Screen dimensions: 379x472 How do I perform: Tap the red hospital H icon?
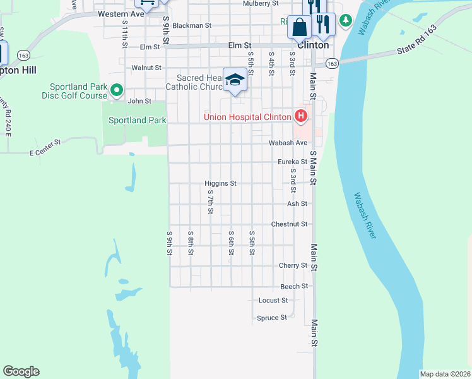coord(301,116)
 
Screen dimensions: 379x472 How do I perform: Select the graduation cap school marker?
coord(235,80)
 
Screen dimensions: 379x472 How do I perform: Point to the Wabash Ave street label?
coord(287,143)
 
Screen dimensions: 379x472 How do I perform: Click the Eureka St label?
coord(292,162)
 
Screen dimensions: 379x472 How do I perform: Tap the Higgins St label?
coord(220,183)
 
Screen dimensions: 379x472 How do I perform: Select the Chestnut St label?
coord(289,224)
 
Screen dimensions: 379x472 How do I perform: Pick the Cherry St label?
coord(293,266)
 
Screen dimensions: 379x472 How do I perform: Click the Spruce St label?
coord(271,318)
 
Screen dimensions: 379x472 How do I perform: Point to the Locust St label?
coord(273,300)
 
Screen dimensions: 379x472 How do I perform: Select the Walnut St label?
coord(146,68)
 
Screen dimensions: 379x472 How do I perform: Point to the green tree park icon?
coord(345,21)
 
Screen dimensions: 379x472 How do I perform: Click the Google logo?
coord(21,371)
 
